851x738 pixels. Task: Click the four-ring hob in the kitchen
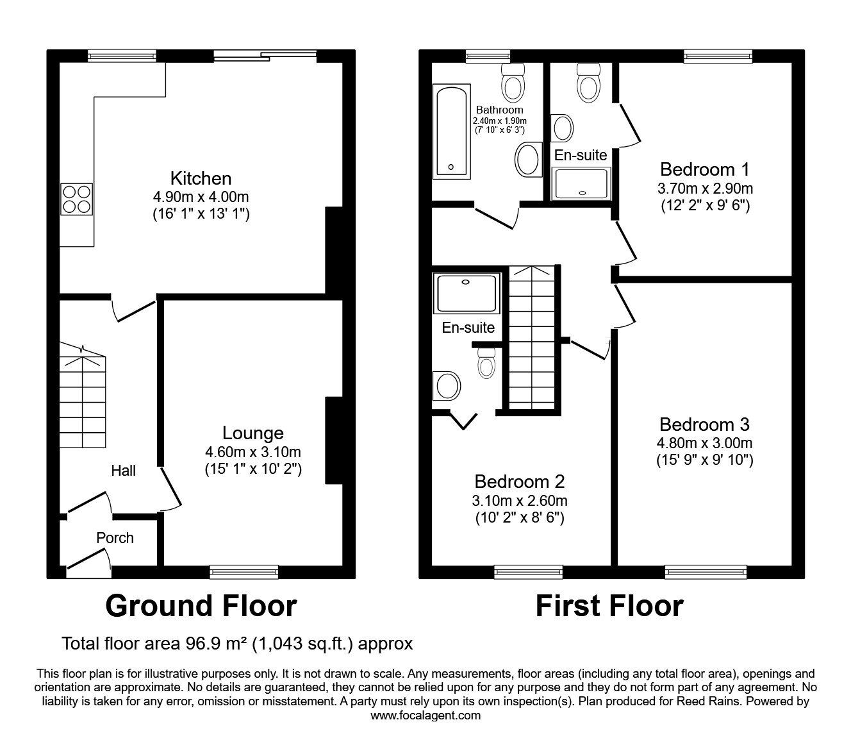(77, 199)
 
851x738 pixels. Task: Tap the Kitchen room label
(201, 178)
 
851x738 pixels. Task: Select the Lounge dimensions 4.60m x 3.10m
(252, 452)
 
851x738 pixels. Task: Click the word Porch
(115, 538)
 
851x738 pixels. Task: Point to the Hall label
(123, 471)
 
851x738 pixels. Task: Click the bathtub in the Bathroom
(451, 131)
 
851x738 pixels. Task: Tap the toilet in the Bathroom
(513, 83)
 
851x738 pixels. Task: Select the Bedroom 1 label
(704, 169)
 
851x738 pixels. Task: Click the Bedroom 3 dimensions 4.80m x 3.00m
(704, 443)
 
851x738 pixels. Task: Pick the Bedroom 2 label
(520, 482)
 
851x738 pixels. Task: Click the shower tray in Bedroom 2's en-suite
(467, 294)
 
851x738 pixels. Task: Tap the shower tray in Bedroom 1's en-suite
(581, 183)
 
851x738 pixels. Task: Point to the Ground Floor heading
(201, 606)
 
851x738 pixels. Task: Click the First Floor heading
(610, 606)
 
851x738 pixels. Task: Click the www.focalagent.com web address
(425, 716)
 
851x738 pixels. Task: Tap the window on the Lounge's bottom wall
(244, 571)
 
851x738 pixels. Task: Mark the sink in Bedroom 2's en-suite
(446, 386)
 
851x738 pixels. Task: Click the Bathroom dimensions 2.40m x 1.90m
(499, 121)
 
